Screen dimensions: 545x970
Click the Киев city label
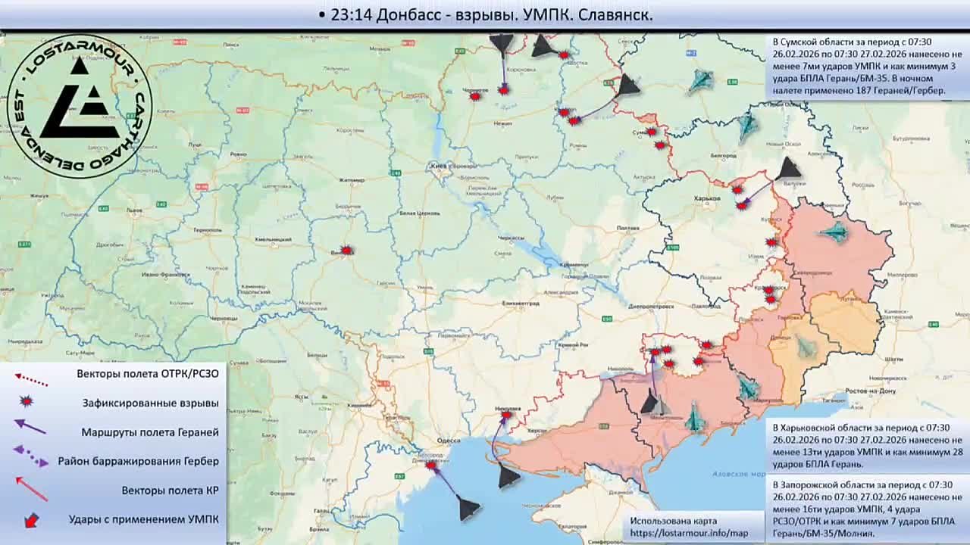[437, 165]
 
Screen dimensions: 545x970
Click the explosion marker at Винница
[346, 250]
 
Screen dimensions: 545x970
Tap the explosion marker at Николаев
[505, 414]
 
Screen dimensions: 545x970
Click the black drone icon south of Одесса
[468, 508]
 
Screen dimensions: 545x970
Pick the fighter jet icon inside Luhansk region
[837, 232]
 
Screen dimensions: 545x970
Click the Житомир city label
[352, 180]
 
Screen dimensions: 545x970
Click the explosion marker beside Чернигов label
[475, 97]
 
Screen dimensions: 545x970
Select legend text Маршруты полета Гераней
[150, 432]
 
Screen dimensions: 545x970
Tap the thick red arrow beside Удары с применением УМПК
[31, 520]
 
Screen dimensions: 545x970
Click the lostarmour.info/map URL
[690, 534]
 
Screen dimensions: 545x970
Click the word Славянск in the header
[615, 15]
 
